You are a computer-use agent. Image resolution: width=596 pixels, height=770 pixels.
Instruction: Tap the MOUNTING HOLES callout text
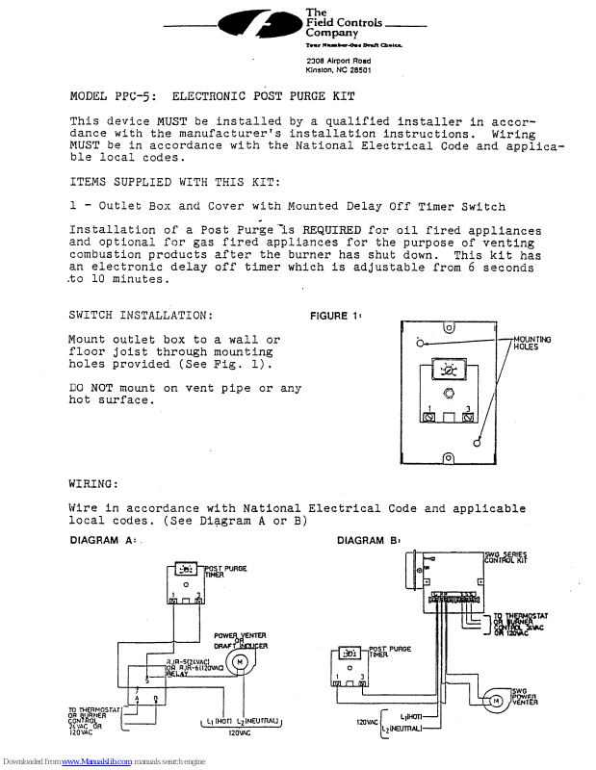(x=531, y=344)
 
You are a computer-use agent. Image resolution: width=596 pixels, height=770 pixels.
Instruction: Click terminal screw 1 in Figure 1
(x=428, y=419)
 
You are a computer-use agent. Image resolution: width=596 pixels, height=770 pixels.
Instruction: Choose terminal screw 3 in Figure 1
(x=467, y=419)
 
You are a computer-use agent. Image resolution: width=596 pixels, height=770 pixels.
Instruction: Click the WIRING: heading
(x=93, y=482)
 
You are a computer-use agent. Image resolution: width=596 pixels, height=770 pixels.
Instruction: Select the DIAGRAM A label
(x=102, y=541)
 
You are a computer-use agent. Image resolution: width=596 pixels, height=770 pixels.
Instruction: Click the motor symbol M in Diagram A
(x=259, y=659)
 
